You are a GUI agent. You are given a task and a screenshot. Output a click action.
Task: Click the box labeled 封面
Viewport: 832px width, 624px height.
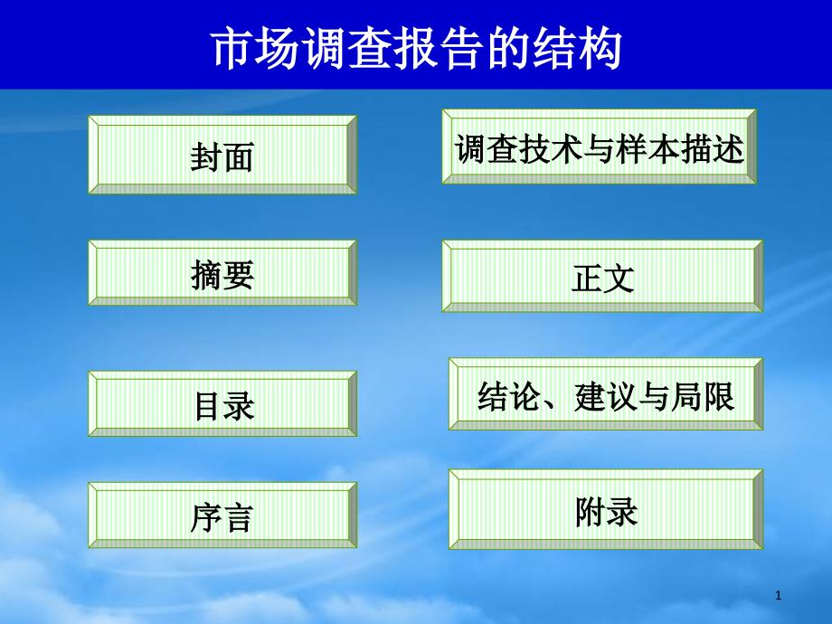[222, 155]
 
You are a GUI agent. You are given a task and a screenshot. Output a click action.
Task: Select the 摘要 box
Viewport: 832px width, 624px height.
[222, 273]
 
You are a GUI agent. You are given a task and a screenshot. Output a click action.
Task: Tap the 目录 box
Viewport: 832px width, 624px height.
[222, 404]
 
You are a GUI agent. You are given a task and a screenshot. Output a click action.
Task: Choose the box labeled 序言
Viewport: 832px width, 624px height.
[222, 516]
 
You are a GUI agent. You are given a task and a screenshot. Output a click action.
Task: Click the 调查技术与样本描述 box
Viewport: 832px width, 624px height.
[599, 147]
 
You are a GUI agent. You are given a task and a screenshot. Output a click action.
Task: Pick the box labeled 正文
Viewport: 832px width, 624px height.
[602, 277]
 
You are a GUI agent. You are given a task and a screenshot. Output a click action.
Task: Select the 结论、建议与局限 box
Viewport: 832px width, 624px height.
[605, 394]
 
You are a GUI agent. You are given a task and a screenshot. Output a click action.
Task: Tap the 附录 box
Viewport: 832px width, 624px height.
[605, 510]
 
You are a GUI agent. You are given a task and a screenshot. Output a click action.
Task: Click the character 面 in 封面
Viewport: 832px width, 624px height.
[238, 157]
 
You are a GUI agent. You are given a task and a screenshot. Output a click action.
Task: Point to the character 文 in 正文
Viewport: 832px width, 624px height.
[619, 279]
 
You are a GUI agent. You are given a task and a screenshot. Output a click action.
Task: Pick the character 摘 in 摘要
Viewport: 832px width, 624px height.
[207, 274]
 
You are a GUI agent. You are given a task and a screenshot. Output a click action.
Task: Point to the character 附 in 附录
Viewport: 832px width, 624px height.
[590, 512]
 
